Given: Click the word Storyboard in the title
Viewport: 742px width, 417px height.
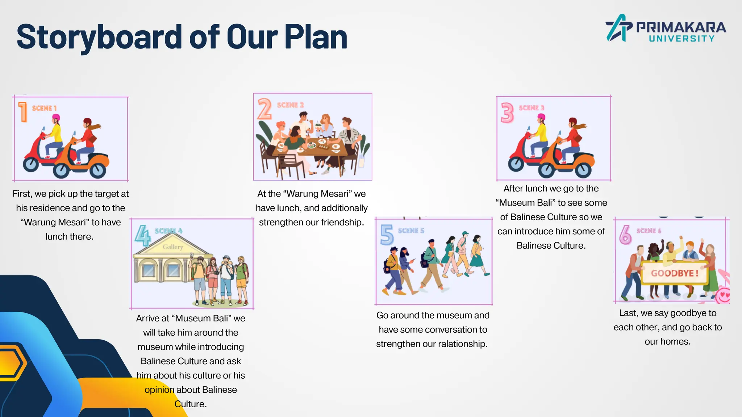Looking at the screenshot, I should coord(99,37).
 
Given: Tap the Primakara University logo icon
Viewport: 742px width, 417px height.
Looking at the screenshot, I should coord(618,28).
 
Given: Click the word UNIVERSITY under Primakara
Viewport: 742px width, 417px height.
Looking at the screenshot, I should coord(681,39).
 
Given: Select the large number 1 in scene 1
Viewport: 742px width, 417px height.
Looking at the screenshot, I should coord(23,111).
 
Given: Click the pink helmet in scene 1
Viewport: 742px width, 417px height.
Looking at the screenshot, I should coord(56,118).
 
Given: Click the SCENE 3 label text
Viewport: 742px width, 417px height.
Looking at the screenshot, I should coord(531,108).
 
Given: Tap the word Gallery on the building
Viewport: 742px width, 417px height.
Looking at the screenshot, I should coord(173,247).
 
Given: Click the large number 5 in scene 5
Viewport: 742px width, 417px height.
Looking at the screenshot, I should coord(387,235).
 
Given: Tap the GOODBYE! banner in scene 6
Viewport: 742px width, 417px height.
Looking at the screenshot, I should coord(674,273).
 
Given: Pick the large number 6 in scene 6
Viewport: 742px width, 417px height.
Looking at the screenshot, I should coord(625,235).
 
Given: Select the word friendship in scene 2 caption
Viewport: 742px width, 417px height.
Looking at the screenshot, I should coord(342,222).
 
